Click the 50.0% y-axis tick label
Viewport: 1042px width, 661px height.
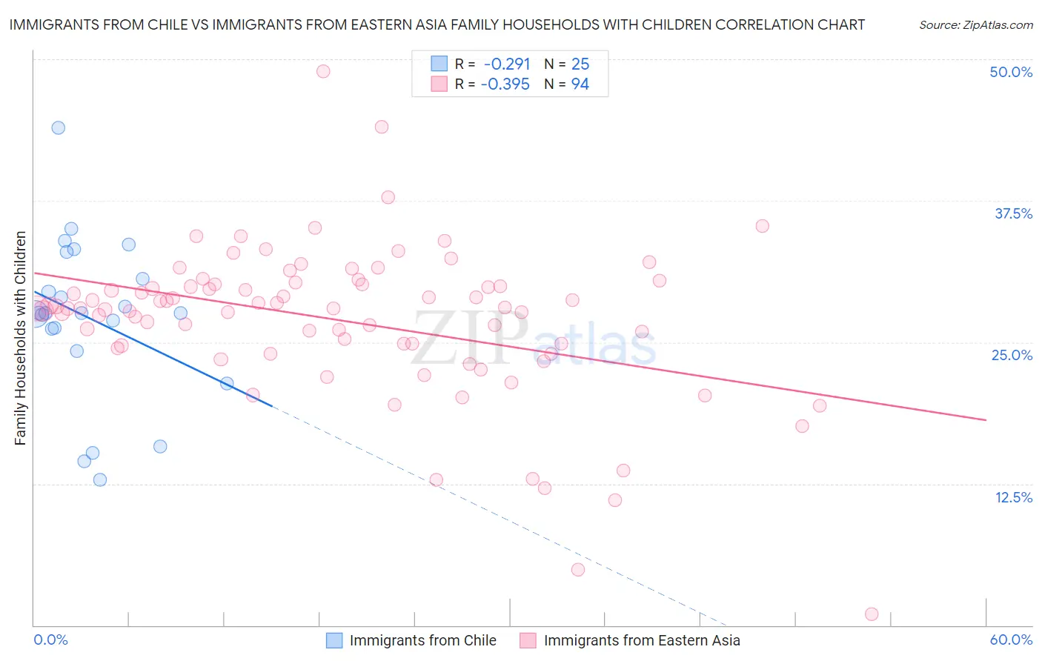click(1011, 72)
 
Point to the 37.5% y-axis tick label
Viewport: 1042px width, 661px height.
click(1013, 213)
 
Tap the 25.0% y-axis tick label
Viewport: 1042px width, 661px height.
click(1012, 355)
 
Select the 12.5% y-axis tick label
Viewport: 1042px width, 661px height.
click(1013, 496)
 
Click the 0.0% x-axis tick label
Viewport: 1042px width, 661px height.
click(50, 640)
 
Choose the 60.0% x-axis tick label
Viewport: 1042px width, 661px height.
click(1011, 640)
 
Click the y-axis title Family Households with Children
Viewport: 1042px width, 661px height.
click(20, 338)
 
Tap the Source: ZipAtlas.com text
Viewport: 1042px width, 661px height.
click(975, 24)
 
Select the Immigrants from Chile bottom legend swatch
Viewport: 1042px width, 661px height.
click(334, 640)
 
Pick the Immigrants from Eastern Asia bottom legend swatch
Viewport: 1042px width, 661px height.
click(528, 640)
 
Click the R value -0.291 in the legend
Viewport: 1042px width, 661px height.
click(507, 64)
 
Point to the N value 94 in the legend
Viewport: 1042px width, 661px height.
click(580, 84)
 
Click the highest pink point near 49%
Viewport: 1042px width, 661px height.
click(323, 71)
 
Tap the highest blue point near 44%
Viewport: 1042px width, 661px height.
click(58, 127)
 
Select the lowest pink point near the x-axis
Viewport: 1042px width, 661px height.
click(872, 614)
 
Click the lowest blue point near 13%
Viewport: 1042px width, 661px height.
click(100, 479)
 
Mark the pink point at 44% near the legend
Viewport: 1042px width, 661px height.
click(382, 127)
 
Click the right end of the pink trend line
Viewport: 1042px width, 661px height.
click(986, 420)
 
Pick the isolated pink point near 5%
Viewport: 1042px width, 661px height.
click(578, 569)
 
